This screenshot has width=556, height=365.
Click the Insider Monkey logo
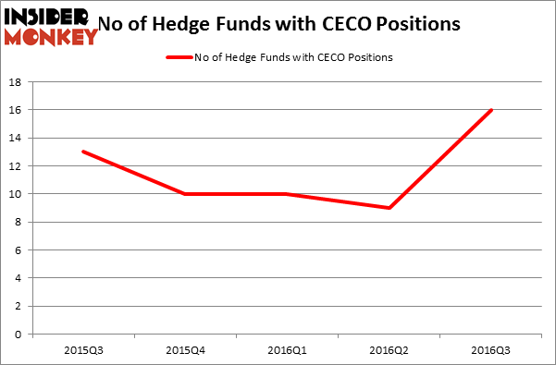click(52, 25)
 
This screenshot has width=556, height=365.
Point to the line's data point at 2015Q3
click(84, 152)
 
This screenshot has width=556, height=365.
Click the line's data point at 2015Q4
click(186, 194)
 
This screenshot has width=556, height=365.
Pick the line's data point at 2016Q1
click(288, 194)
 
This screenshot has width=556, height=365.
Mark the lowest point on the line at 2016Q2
click(389, 208)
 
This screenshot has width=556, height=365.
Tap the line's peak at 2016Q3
click(491, 110)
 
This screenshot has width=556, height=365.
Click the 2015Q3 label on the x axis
click(84, 349)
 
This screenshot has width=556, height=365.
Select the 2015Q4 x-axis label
click(186, 349)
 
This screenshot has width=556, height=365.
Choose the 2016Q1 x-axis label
click(288, 349)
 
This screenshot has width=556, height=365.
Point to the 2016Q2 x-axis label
click(389, 349)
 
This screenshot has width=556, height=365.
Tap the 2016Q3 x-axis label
click(491, 349)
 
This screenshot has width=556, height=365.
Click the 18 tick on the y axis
click(18, 82)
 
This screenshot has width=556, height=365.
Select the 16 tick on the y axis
click(18, 110)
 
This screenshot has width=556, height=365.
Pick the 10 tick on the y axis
click(18, 194)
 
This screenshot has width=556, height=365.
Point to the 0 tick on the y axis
click(20, 335)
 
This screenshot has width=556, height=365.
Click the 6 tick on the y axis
click(20, 250)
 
